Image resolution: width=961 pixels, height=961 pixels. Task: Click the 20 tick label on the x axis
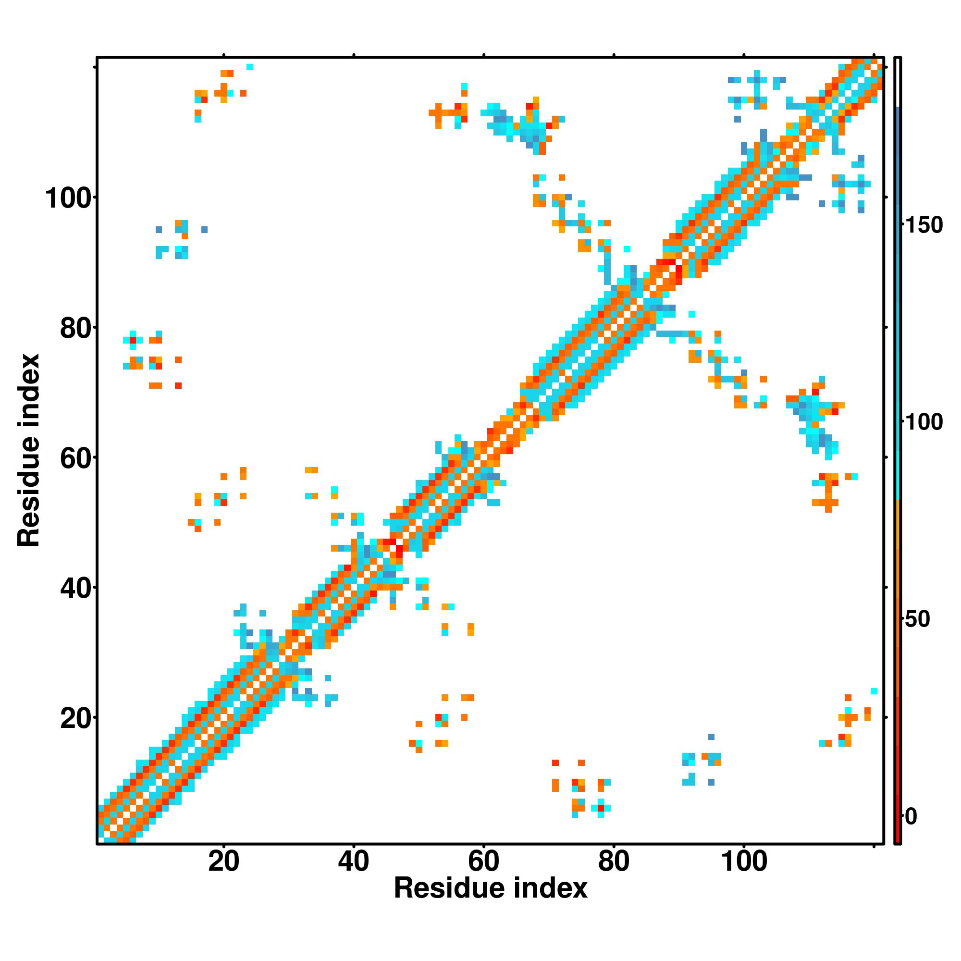click(223, 861)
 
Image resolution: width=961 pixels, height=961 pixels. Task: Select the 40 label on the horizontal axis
click(353, 861)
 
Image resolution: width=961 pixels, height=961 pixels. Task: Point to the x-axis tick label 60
click(483, 861)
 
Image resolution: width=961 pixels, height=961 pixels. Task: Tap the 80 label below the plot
click(614, 861)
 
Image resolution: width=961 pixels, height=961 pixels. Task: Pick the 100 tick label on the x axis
click(744, 861)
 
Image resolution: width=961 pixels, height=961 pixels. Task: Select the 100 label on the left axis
click(69, 198)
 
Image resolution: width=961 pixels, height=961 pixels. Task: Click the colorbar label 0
click(911, 817)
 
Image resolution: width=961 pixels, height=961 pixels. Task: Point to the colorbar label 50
click(917, 620)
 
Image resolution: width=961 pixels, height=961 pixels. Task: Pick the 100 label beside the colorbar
click(924, 423)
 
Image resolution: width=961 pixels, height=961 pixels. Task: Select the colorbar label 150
click(924, 225)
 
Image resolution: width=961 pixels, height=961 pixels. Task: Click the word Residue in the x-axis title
click(450, 888)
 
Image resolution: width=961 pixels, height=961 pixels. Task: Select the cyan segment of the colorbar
click(898, 448)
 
